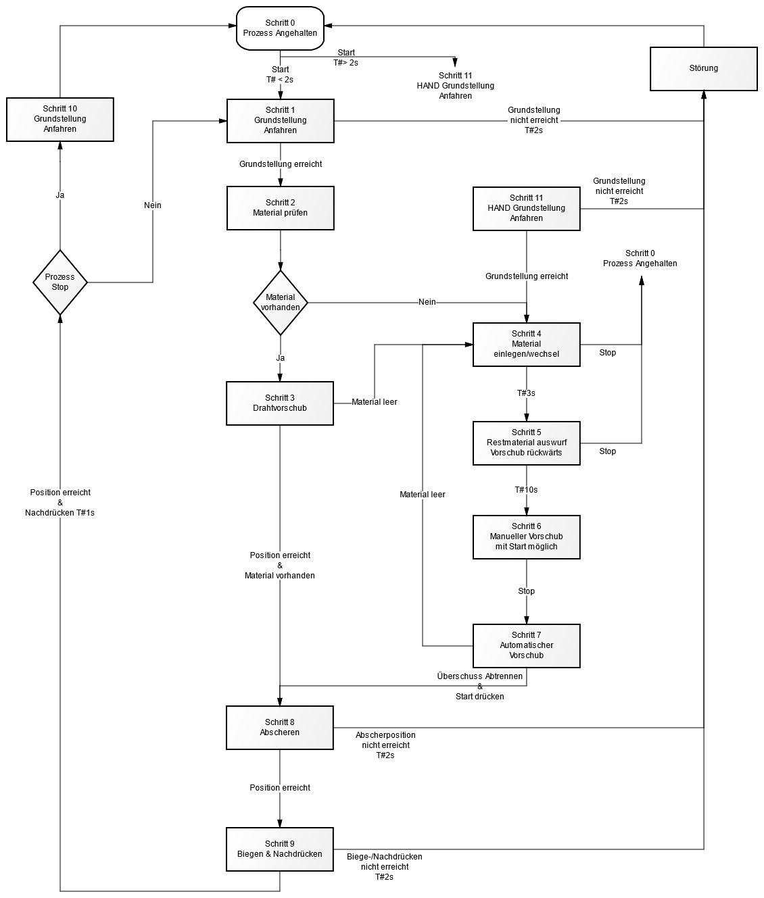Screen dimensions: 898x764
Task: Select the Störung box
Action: point(703,68)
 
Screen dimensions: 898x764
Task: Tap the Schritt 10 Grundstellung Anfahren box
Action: point(59,119)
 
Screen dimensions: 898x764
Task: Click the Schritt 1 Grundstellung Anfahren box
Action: point(280,120)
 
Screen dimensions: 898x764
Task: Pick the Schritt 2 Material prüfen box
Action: point(280,208)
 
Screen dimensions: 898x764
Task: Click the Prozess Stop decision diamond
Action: point(60,282)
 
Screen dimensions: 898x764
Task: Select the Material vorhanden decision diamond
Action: point(280,302)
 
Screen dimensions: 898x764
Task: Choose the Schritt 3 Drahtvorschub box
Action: point(280,403)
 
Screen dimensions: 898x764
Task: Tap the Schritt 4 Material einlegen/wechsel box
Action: point(526,344)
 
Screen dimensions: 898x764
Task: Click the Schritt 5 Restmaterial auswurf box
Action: point(526,443)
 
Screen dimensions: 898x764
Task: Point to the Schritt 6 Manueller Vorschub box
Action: point(526,537)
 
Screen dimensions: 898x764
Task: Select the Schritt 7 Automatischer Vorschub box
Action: point(526,645)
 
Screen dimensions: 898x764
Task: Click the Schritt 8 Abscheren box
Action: point(280,727)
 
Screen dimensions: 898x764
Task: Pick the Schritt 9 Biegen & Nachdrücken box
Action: point(280,849)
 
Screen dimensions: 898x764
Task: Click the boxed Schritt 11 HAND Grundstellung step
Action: point(526,208)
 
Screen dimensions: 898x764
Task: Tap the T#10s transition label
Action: point(526,490)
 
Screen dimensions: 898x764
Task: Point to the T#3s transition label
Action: point(526,393)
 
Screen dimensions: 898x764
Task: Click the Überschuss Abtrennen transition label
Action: point(480,676)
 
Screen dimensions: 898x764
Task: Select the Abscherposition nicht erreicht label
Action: point(385,745)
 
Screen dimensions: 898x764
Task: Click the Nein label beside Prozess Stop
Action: point(153,205)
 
